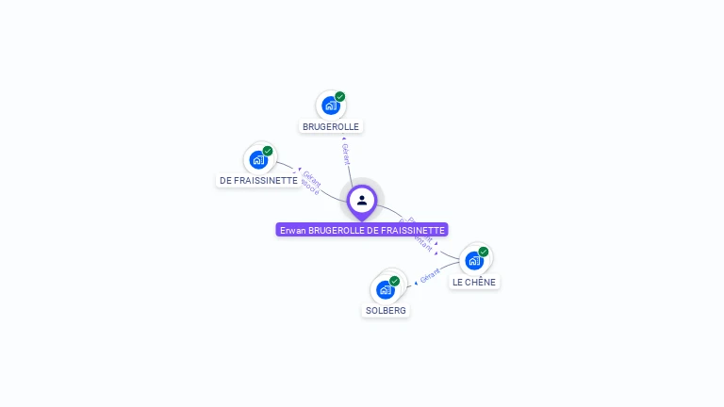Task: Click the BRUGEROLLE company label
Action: coord(331,126)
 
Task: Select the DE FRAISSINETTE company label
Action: coord(258,180)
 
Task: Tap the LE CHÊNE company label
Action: coord(473,282)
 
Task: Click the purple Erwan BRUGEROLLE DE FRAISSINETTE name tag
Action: coord(362,230)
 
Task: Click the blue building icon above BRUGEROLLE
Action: coord(330,105)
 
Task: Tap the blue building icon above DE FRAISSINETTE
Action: coord(258,159)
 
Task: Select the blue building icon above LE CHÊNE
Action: coord(474,260)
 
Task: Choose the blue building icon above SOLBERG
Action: coord(386,289)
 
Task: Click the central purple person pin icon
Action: coord(362,200)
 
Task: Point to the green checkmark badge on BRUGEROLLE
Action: coord(340,96)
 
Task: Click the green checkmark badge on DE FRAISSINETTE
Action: coord(268,151)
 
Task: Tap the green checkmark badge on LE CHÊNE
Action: coord(484,252)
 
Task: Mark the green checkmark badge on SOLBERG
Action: coord(395,281)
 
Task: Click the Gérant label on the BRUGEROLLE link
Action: coord(346,155)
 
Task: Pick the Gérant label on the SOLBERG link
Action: coord(430,277)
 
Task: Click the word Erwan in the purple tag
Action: coord(292,230)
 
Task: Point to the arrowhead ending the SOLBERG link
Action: coord(416,283)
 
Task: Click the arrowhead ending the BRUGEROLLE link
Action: coord(343,139)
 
